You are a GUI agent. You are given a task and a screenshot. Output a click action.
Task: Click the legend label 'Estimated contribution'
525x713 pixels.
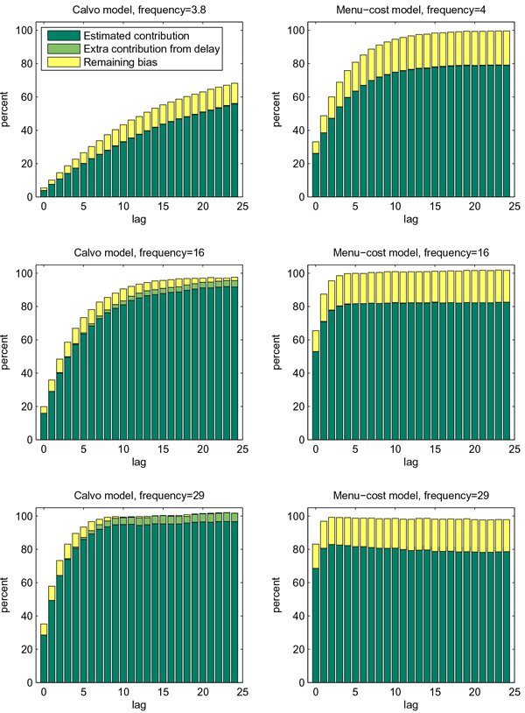point(137,36)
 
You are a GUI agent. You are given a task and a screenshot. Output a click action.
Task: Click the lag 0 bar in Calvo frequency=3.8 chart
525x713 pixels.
point(43,192)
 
